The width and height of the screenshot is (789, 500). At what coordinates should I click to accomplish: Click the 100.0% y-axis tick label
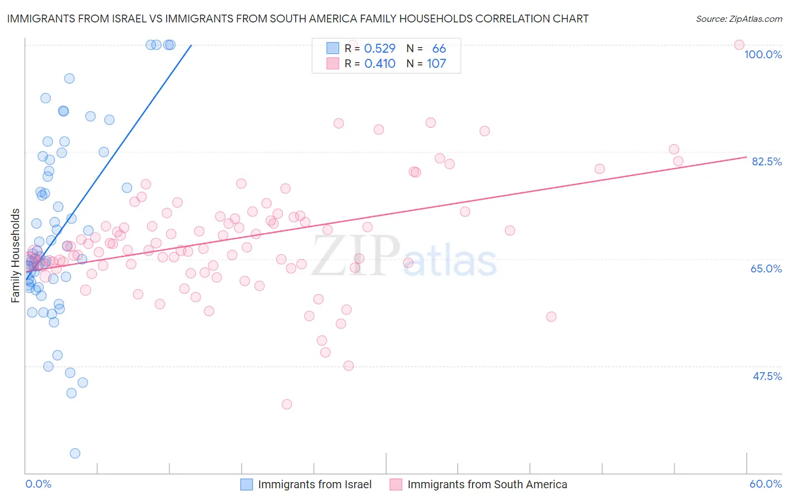(x=763, y=54)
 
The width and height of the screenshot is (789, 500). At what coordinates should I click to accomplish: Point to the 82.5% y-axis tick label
(x=767, y=161)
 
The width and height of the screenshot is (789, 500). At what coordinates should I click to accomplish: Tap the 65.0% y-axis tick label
(x=766, y=268)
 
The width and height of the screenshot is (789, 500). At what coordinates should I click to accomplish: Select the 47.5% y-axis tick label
(x=767, y=376)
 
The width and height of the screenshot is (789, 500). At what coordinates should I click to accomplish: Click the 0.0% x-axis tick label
(x=38, y=484)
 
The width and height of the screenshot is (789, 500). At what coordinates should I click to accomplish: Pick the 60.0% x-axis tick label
(x=765, y=484)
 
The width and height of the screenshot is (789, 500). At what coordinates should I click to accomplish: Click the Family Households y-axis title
(x=16, y=256)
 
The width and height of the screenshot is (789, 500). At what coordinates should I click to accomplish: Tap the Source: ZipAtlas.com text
(x=738, y=18)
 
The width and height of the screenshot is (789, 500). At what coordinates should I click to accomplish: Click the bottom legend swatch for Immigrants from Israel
(x=246, y=484)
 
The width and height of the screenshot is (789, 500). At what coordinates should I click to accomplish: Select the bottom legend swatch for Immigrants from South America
(x=396, y=484)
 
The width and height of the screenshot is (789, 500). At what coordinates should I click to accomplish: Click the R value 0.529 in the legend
(x=380, y=49)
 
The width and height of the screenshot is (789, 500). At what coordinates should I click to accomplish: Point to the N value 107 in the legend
(x=436, y=64)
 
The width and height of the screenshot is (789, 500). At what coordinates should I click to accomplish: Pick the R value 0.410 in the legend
(x=380, y=64)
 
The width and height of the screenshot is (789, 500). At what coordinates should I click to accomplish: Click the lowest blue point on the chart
(x=75, y=453)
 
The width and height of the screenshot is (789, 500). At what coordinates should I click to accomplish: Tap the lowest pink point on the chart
(x=287, y=404)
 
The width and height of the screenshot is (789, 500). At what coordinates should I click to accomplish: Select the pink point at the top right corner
(x=739, y=45)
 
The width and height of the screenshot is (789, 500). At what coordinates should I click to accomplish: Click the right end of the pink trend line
(x=746, y=157)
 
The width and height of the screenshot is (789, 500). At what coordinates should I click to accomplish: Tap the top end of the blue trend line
(x=191, y=45)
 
